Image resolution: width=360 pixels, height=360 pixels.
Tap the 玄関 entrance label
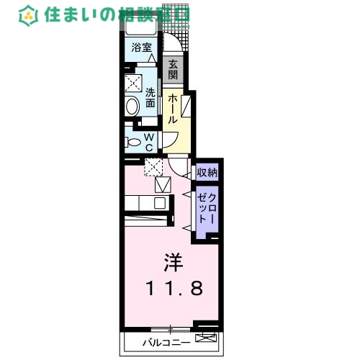point(173,69)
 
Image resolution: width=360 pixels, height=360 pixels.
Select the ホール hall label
point(173,108)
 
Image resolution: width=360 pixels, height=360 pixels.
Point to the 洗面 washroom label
point(150,97)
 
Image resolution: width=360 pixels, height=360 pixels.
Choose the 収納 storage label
point(207,173)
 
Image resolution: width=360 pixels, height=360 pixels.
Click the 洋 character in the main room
point(171,259)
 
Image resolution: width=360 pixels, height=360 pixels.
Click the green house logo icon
point(30,14)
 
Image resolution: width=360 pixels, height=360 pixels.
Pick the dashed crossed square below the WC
point(153,168)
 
